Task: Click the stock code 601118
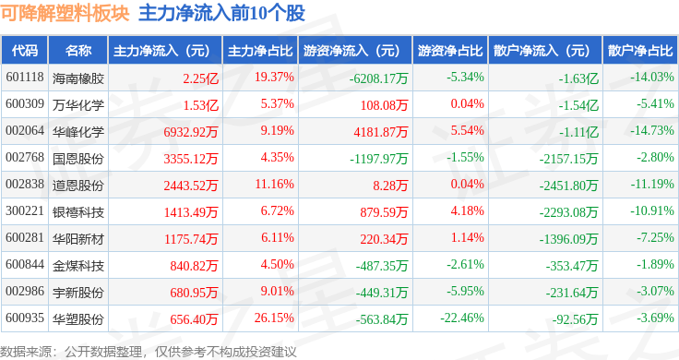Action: point(25,78)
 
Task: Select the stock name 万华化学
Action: point(78,105)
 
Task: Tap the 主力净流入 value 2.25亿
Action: point(200,78)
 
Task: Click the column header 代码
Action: point(25,51)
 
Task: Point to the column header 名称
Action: point(78,51)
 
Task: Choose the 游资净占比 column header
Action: point(450,51)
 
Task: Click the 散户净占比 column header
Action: point(640,51)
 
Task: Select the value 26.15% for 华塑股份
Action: point(274,318)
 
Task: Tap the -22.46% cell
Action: point(462,318)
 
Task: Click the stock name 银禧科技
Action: point(78,212)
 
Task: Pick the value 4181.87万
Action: point(381,132)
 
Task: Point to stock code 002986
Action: point(25,291)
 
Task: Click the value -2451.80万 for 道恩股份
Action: point(568,186)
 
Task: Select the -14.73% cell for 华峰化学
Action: point(651,130)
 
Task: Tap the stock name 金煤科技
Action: point(78,266)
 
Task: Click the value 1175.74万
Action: point(191,239)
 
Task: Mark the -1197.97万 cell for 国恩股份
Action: point(379,159)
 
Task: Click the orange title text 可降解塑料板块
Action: point(65,13)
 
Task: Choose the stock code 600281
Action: point(25,238)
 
